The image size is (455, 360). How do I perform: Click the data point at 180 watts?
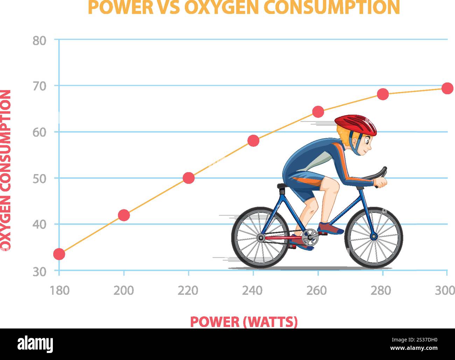click(x=59, y=254)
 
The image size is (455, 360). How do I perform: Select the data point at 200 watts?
click(x=124, y=215)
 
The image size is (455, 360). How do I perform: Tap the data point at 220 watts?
click(x=189, y=178)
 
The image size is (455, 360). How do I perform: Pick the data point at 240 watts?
click(x=253, y=141)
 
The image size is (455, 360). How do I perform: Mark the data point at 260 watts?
click(x=318, y=112)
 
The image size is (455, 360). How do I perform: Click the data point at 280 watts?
click(x=383, y=94)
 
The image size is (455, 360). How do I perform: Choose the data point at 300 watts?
click(x=447, y=88)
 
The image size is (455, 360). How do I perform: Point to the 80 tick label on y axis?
click(x=40, y=41)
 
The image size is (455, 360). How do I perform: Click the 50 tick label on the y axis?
click(x=40, y=179)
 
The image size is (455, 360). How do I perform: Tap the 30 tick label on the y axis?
click(x=40, y=272)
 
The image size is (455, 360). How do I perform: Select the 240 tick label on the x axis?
click(x=253, y=290)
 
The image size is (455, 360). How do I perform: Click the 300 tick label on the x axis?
click(x=444, y=290)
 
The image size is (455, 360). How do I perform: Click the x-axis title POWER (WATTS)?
click(x=244, y=321)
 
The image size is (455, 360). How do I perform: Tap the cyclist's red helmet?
click(x=356, y=124)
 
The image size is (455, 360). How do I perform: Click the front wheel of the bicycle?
click(x=374, y=237)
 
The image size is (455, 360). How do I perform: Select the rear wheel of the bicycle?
click(x=260, y=238)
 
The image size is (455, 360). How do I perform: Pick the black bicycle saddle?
click(x=282, y=186)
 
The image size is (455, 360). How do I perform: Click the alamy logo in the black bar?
click(x=35, y=344)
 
